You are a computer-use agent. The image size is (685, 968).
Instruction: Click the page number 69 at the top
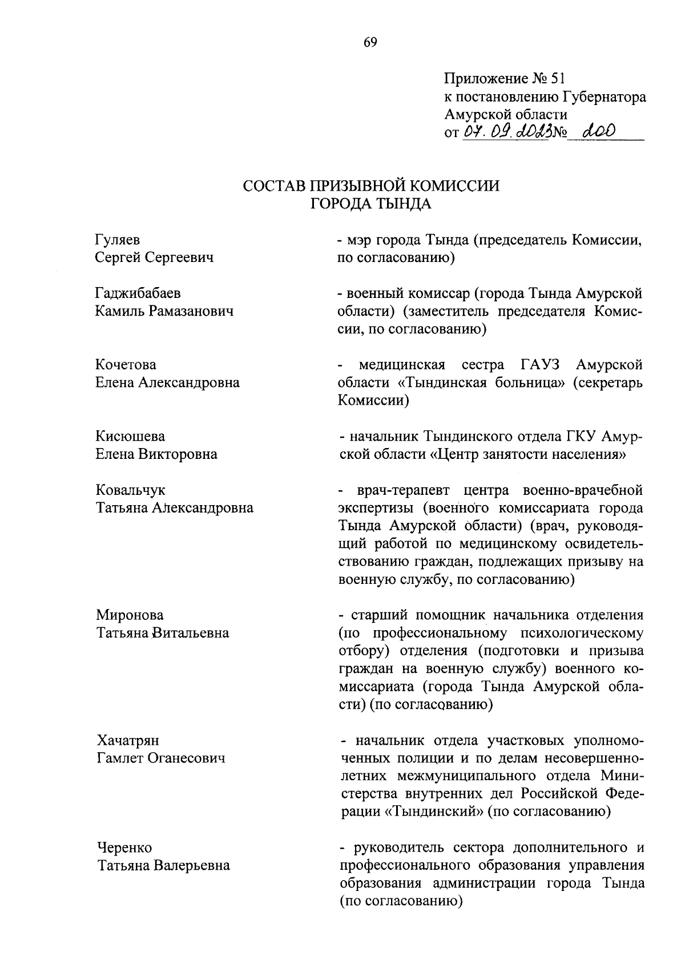370,43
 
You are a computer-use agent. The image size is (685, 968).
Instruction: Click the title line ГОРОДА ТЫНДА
370,204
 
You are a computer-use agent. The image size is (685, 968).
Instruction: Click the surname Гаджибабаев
138,293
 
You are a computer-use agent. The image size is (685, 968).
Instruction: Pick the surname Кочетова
126,365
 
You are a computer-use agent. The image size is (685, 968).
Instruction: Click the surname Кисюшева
130,437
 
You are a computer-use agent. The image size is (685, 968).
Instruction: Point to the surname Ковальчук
130,490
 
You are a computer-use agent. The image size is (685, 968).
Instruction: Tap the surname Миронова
130,615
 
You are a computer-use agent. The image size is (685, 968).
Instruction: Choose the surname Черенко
124,848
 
